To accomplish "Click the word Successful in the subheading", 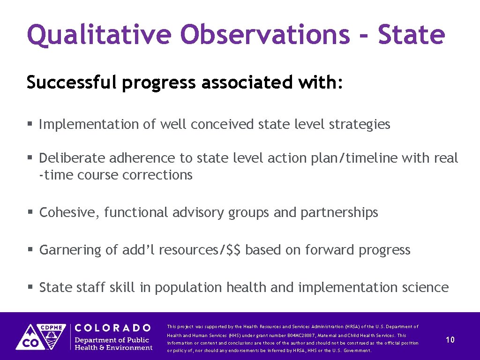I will pos(71,82).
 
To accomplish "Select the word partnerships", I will pos(339,213).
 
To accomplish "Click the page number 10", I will pos(450,340).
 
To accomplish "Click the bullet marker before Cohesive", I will pos(30,213).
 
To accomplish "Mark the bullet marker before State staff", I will pos(30,287).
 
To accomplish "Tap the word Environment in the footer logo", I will pos(132,347).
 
